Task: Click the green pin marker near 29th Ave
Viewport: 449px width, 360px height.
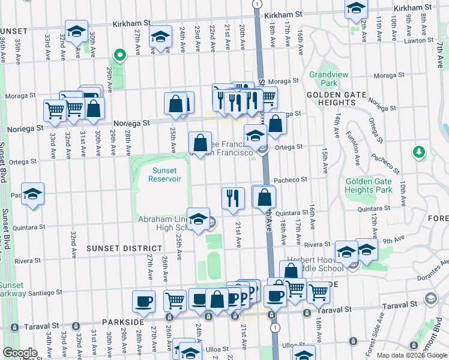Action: pyautogui.click(x=119, y=56)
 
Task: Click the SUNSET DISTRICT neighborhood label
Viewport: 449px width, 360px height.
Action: pyautogui.click(x=124, y=248)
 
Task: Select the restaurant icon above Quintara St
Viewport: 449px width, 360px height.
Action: pyautogui.click(x=233, y=198)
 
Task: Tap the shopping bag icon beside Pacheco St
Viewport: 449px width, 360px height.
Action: pyautogui.click(x=264, y=196)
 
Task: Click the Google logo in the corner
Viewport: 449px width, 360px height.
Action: pyautogui.click(x=20, y=353)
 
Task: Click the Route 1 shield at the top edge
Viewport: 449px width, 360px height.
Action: pyautogui.click(x=257, y=4)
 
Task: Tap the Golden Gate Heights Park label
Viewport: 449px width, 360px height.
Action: pyautogui.click(x=367, y=185)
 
